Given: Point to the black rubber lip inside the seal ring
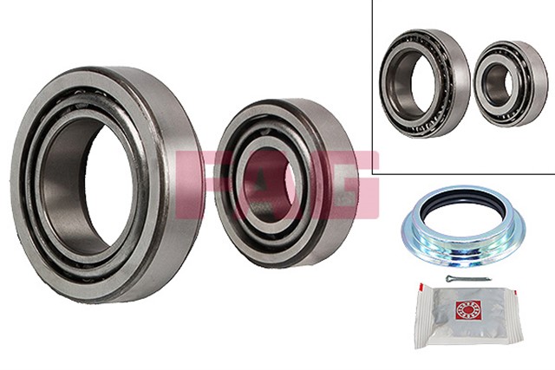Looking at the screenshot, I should coord(463,213).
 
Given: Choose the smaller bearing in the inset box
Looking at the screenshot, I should coord(510,83).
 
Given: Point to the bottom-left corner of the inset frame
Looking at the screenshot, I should coord(373,173).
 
